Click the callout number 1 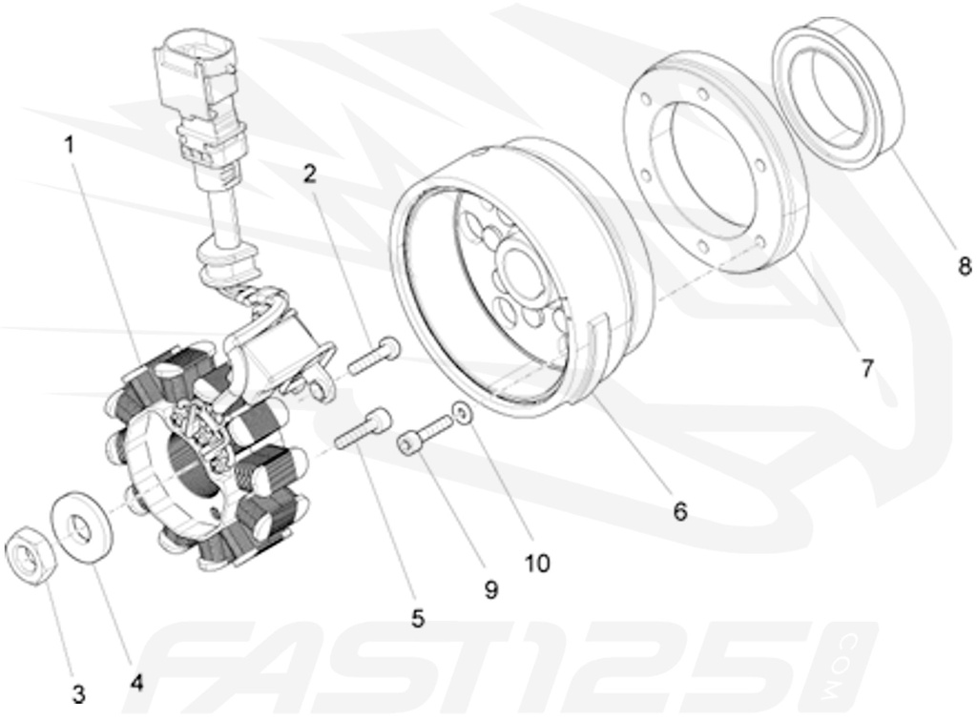point(69,145)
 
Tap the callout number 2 point(309,174)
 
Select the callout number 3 point(78,691)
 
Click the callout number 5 point(417,619)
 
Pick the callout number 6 point(679,511)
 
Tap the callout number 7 point(866,367)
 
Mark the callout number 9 point(490,590)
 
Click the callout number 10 point(537,563)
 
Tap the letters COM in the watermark point(842,664)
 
